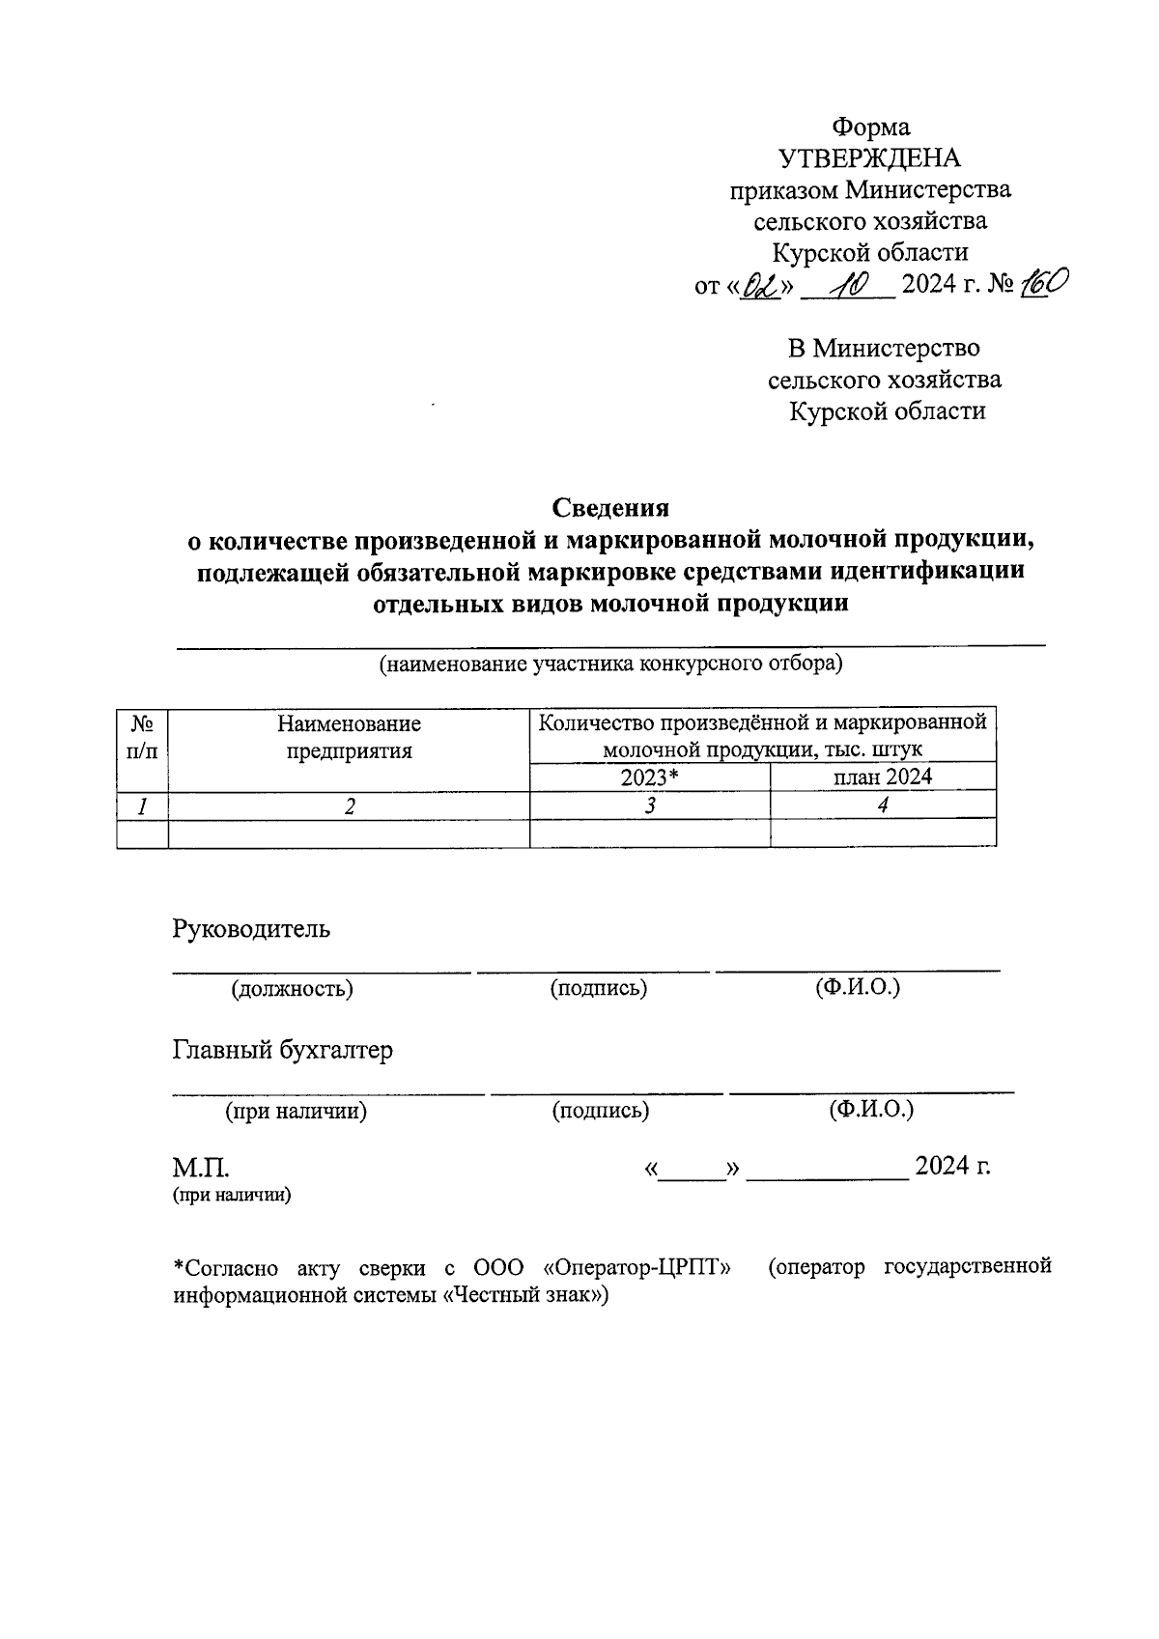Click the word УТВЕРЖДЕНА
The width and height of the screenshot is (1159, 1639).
(869, 158)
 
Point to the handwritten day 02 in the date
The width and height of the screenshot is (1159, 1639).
(760, 287)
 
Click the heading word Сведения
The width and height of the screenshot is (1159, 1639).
(610, 507)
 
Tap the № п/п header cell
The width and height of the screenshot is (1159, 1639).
(142, 736)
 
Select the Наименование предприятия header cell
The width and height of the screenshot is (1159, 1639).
(349, 736)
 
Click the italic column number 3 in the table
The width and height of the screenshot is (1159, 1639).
(651, 805)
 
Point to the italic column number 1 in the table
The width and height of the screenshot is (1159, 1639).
(142, 805)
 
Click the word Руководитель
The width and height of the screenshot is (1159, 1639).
(251, 929)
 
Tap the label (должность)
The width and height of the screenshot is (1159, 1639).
(292, 989)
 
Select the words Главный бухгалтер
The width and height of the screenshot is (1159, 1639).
(282, 1051)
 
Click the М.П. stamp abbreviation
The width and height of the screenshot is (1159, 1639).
(201, 1168)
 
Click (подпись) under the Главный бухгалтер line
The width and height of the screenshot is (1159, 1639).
(601, 1111)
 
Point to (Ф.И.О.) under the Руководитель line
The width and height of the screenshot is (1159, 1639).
(858, 987)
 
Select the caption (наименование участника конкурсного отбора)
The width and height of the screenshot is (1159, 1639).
(610, 664)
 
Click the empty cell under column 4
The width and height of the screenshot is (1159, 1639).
(883, 834)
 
